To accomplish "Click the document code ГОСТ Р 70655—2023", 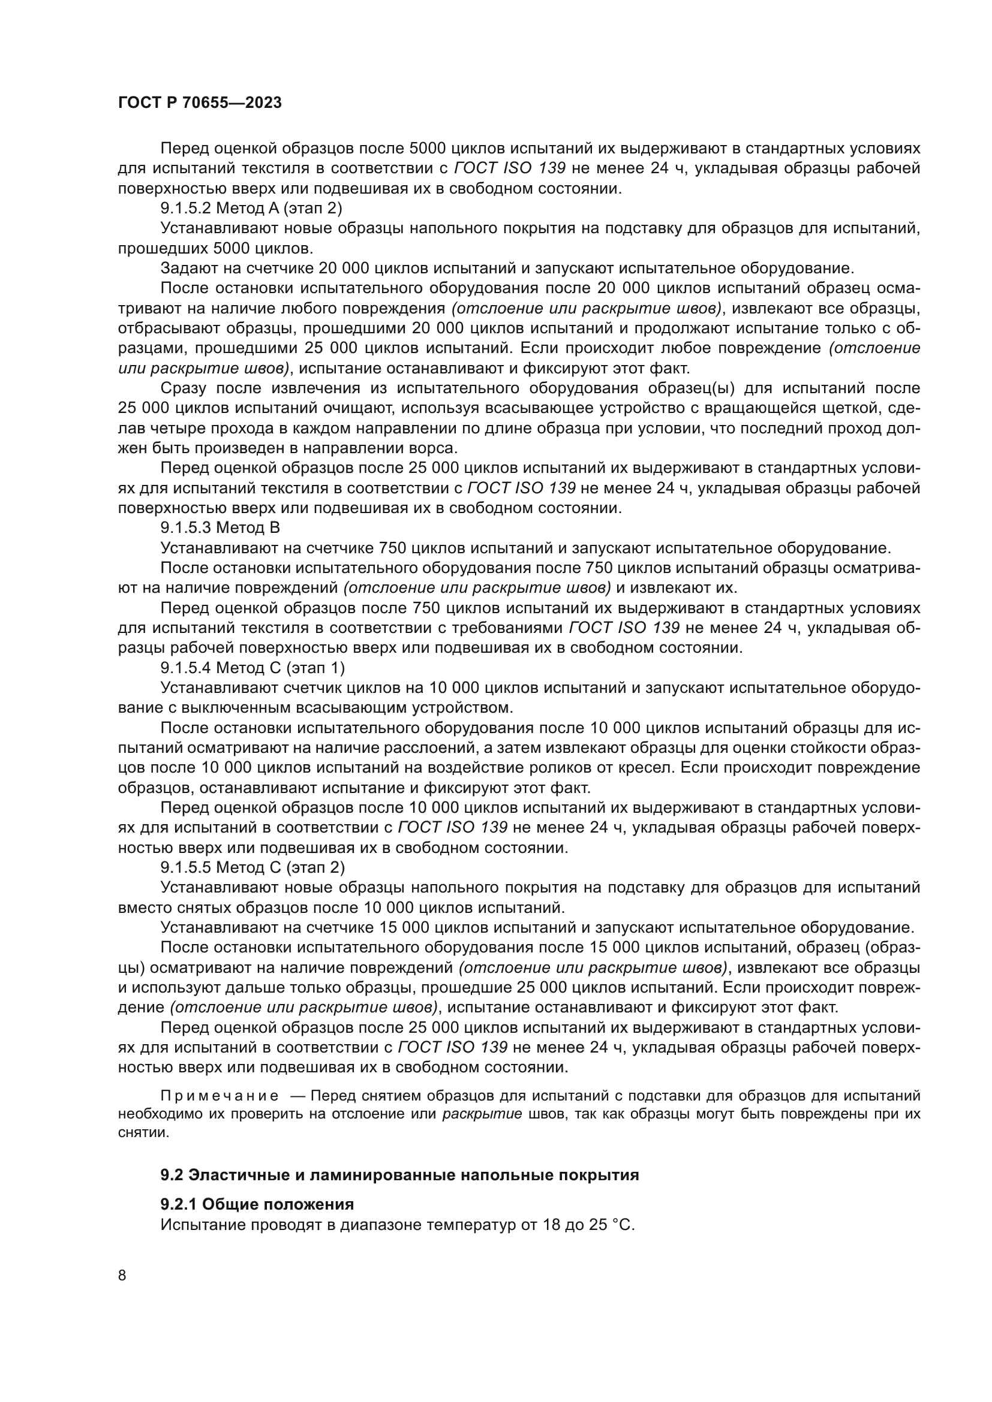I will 200,103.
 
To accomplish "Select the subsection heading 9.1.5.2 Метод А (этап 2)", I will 252,208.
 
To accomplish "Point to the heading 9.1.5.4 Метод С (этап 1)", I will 252,668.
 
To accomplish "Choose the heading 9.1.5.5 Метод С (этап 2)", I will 252,868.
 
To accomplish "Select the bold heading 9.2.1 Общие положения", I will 257,1205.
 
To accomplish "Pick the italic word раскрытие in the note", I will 482,1114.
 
